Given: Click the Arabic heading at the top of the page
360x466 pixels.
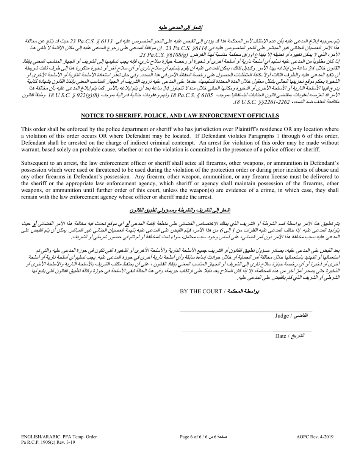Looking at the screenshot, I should (x=180, y=28).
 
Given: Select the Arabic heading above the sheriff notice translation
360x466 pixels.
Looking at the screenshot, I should (x=180, y=210).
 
